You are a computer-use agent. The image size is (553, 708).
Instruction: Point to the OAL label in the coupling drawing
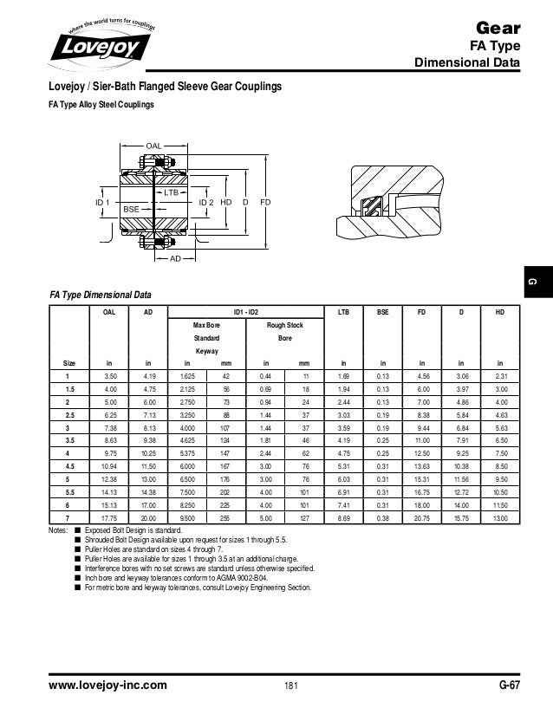point(153,145)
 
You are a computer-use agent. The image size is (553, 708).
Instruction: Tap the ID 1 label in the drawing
point(104,202)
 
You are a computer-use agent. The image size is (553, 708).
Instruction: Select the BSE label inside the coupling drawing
point(131,210)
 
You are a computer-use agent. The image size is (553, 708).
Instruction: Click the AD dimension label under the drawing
point(174,259)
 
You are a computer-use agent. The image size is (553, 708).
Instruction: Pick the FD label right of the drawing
point(265,202)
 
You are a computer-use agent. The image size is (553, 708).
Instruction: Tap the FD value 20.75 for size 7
point(421,516)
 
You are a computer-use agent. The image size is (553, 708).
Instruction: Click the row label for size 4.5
point(66,467)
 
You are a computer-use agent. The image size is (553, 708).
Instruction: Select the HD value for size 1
point(500,377)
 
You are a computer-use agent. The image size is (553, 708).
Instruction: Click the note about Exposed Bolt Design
point(138,529)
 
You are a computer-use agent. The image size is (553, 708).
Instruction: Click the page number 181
point(291,685)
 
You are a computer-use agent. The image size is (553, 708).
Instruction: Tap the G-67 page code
point(508,685)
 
